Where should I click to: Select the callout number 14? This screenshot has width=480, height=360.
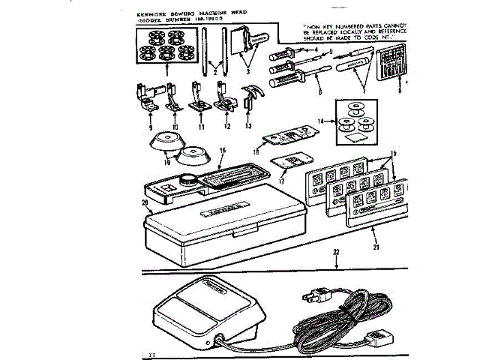pyautogui.click(x=319, y=120)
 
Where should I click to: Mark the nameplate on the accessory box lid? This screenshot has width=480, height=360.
pyautogui.click(x=204, y=205)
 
